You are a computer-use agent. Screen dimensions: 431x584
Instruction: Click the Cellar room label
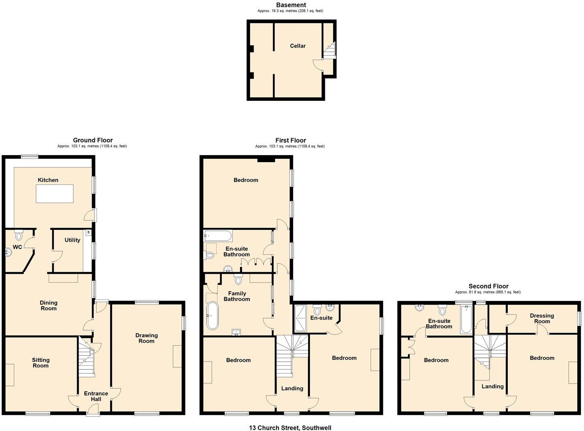[x=298, y=46]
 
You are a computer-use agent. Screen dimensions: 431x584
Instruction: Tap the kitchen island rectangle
[x=55, y=194]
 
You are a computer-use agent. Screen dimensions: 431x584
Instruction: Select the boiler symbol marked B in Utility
[x=88, y=233]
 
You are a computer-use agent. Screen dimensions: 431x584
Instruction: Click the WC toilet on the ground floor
[x=19, y=235]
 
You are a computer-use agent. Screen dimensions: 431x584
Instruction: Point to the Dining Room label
[x=48, y=305]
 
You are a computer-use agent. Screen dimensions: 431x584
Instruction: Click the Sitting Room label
[x=41, y=363]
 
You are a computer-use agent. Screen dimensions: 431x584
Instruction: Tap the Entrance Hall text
[x=96, y=396]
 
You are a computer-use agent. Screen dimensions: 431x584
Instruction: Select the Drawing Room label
[x=146, y=338]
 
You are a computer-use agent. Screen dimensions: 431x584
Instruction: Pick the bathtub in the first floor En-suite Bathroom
[x=218, y=235]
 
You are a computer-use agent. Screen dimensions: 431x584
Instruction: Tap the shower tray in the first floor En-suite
[x=301, y=319]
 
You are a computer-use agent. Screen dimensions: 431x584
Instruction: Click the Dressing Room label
[x=541, y=318]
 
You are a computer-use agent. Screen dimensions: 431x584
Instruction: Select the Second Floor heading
[x=488, y=286]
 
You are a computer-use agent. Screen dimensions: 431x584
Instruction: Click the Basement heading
[x=291, y=5]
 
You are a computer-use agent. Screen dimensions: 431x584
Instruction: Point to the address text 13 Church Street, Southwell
[x=290, y=427]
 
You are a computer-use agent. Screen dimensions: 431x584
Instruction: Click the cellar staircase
[x=330, y=50]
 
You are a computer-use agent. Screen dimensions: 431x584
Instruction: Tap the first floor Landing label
[x=292, y=388]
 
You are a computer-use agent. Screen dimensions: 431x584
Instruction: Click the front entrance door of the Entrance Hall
[x=93, y=412]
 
